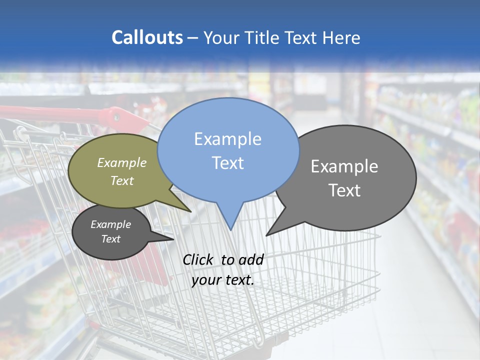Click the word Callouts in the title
pos(147,37)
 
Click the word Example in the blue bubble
pos(227,139)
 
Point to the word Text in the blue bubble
pos(227,163)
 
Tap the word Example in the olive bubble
pos(122,162)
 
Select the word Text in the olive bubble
pos(122,180)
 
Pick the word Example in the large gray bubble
pos(344,166)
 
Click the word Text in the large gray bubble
pos(344,190)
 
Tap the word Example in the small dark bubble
pos(111,224)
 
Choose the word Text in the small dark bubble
pos(111,239)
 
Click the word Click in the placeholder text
pos(198,259)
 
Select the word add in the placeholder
pos(251,259)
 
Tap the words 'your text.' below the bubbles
pos(223,280)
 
